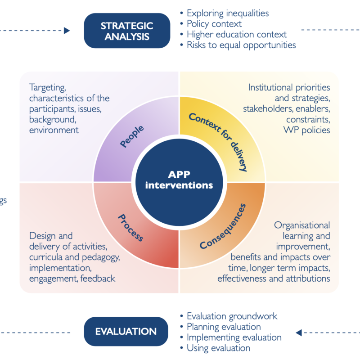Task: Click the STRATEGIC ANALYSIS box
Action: [126, 31]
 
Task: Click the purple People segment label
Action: [132, 136]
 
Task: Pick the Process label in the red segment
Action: [130, 228]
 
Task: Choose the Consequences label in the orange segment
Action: [223, 226]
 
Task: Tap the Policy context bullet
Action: [214, 24]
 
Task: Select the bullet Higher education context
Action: [237, 34]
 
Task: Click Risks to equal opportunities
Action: [241, 45]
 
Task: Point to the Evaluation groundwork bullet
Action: [232, 316]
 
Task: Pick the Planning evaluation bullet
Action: [224, 327]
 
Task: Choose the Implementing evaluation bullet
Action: [234, 337]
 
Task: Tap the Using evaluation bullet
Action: [218, 347]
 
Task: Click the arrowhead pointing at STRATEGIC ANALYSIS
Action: [67, 31]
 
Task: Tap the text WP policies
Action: [307, 130]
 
